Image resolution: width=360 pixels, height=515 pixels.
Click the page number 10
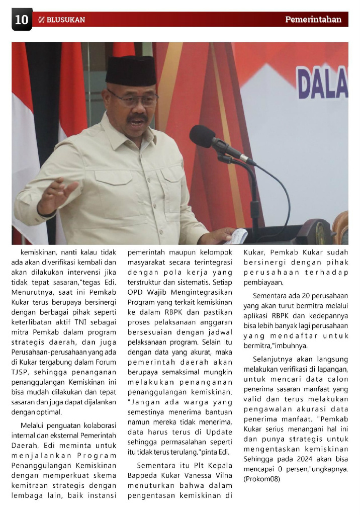[22, 20]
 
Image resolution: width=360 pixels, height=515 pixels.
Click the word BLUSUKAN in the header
[65, 20]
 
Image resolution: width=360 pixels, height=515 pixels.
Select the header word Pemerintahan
[313, 20]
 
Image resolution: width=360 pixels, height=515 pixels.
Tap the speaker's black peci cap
[131, 71]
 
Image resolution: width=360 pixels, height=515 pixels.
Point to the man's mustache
[137, 119]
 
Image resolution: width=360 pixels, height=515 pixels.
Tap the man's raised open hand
[58, 194]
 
